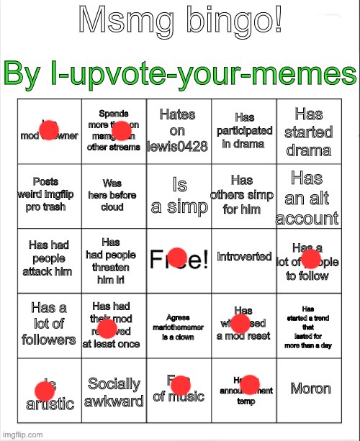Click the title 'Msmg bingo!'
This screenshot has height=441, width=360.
tap(180, 22)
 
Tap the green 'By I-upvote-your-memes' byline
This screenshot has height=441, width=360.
tap(180, 73)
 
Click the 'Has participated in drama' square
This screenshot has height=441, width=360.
tap(244, 130)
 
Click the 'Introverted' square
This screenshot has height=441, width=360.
tap(244, 257)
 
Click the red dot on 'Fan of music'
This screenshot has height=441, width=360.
tap(180, 384)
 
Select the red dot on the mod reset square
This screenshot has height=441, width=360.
tap(240, 323)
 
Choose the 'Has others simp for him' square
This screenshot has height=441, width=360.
tap(244, 194)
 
